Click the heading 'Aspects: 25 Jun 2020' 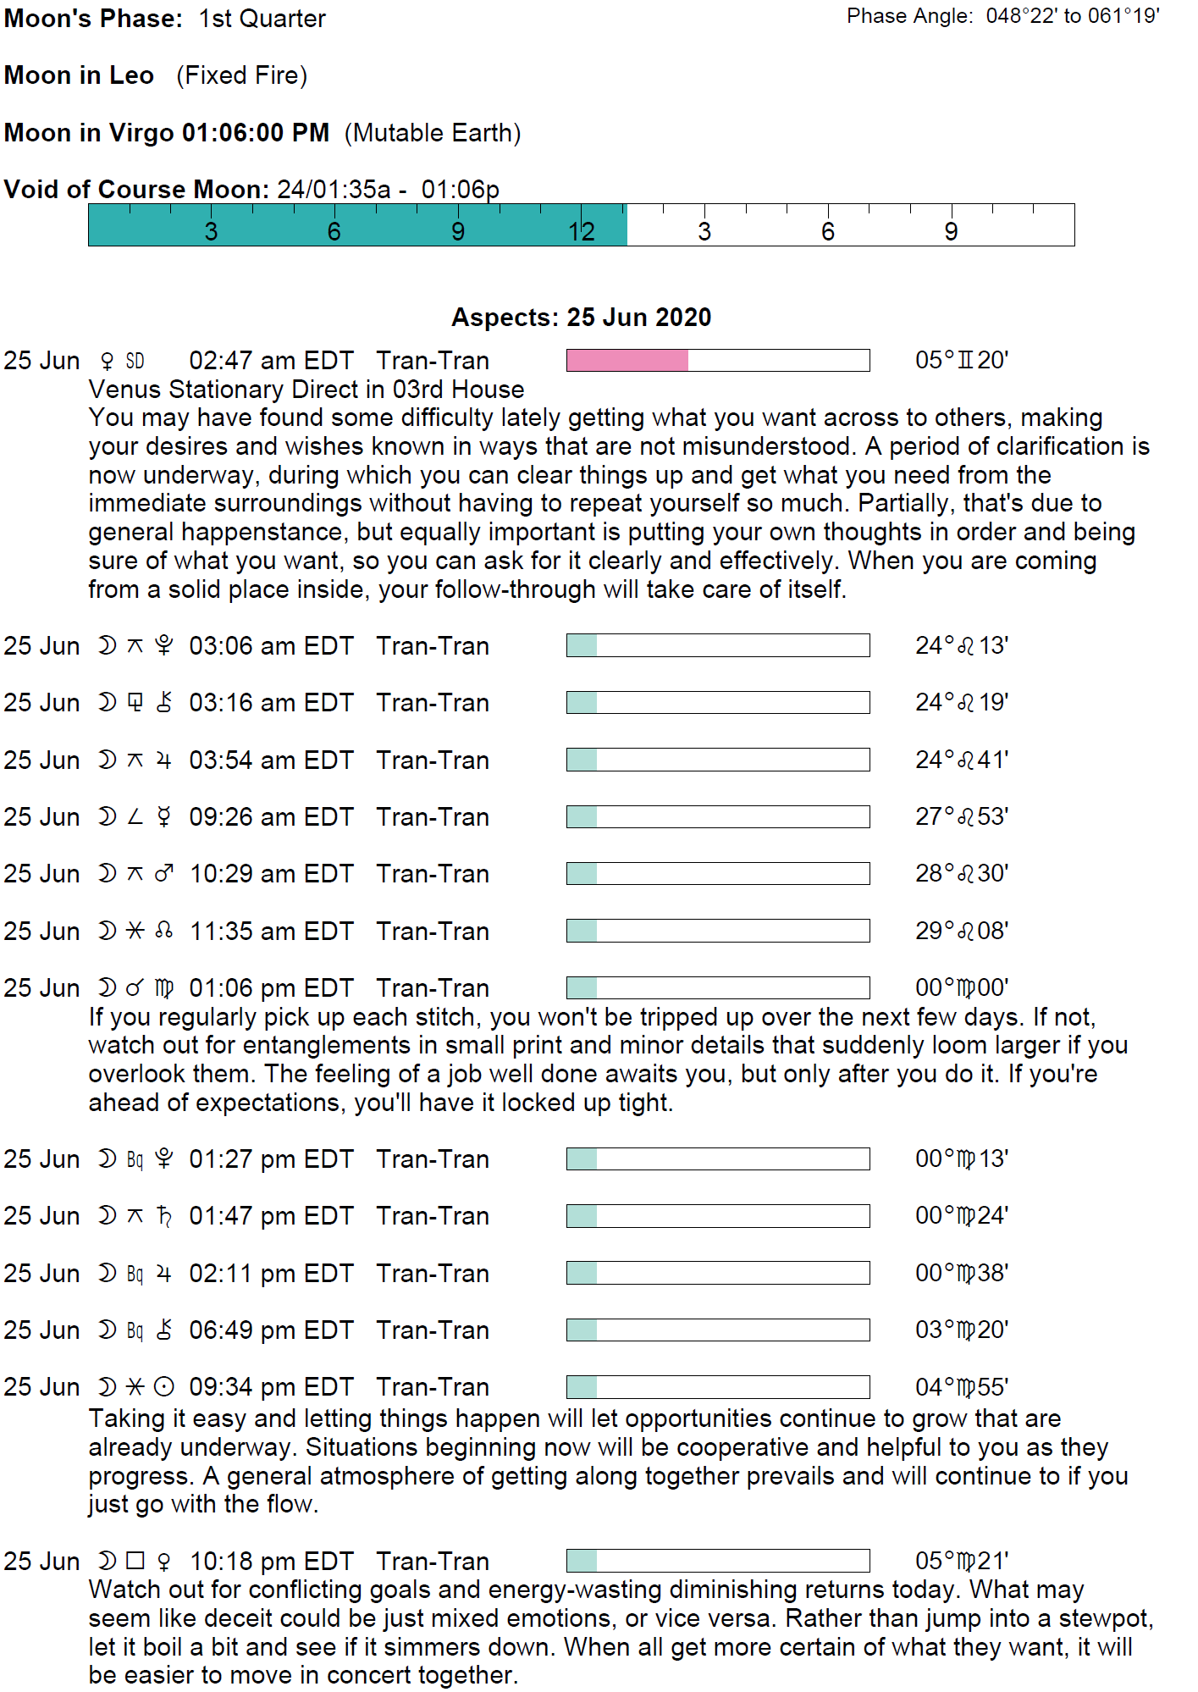point(581,318)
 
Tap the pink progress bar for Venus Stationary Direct point(717,361)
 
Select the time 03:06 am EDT point(271,646)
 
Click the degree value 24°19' point(961,703)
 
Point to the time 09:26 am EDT point(271,817)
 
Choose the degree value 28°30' point(961,874)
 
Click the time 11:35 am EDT point(271,932)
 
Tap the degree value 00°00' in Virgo point(961,988)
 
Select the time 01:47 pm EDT point(271,1216)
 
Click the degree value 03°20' point(961,1330)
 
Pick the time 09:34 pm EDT point(271,1387)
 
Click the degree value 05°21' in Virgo point(961,1561)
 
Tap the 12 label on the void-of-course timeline point(582,232)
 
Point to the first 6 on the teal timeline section point(334,232)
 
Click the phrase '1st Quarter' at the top point(262,19)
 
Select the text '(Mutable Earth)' point(433,133)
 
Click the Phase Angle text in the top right point(1002,16)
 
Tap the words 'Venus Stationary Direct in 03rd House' point(306,390)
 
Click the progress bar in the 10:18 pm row point(717,1561)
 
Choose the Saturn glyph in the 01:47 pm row point(164,1216)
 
